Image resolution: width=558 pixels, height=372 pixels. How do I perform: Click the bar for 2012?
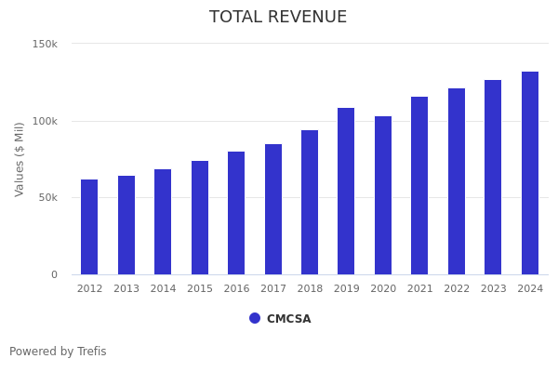(89, 227)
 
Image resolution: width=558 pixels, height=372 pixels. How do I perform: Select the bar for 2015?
(200, 218)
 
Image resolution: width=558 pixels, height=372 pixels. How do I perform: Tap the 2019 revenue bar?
(346, 191)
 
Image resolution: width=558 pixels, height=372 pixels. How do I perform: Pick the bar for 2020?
(383, 195)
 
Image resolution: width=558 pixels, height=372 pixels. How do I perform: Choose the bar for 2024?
(530, 173)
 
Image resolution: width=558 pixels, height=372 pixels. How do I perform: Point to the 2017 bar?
(273, 209)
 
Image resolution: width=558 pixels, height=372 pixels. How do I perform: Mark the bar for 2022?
(457, 181)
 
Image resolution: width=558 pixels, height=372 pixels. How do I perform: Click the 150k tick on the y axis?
(45, 44)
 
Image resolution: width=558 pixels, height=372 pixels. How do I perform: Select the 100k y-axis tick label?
(45, 121)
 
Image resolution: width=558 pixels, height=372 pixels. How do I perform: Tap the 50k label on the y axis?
(47, 197)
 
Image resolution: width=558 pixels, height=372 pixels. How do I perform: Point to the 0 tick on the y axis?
(54, 274)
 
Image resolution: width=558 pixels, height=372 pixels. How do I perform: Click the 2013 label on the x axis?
(126, 289)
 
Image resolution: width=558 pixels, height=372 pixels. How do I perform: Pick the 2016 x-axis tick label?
(236, 289)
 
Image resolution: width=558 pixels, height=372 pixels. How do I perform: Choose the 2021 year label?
(420, 289)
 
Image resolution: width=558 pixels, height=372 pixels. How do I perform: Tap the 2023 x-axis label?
(494, 289)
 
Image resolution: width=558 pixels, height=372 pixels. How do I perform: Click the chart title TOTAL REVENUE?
(278, 18)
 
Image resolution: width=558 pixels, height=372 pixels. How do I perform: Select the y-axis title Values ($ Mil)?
(20, 159)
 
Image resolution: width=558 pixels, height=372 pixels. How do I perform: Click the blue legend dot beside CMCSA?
(255, 318)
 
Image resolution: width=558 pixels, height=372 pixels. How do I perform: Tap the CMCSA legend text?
(289, 319)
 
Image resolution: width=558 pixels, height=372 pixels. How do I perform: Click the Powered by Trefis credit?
(58, 352)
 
